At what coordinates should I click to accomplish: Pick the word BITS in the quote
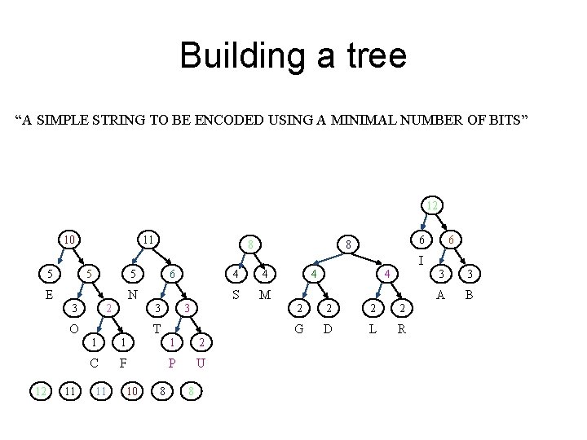pyautogui.click(x=510, y=121)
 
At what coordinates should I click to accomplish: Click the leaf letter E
pyautogui.click(x=48, y=293)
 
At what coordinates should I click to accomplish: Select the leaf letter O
pyautogui.click(x=73, y=329)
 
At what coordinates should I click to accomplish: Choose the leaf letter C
pyautogui.click(x=95, y=363)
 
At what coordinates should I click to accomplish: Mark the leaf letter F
pyautogui.click(x=122, y=363)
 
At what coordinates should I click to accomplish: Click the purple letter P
pyautogui.click(x=171, y=363)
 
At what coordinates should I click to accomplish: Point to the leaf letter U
pyautogui.click(x=201, y=363)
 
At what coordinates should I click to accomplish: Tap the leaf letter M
pyautogui.click(x=264, y=293)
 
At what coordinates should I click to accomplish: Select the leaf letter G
pyautogui.click(x=299, y=329)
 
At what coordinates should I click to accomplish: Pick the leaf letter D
pyautogui.click(x=327, y=329)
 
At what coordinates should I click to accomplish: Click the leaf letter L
pyautogui.click(x=373, y=329)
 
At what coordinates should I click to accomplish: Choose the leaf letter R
pyautogui.click(x=400, y=329)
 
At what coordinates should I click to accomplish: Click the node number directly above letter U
pyautogui.click(x=201, y=342)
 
